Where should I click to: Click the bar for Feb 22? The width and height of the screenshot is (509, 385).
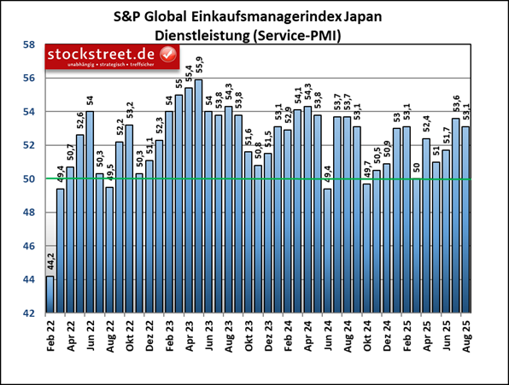point(50,295)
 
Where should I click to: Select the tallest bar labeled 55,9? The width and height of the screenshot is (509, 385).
point(198,196)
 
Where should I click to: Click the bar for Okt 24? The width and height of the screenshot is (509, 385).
point(366,248)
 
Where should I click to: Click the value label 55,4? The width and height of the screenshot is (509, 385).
point(188,74)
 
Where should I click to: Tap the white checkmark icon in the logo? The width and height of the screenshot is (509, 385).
point(168,55)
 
